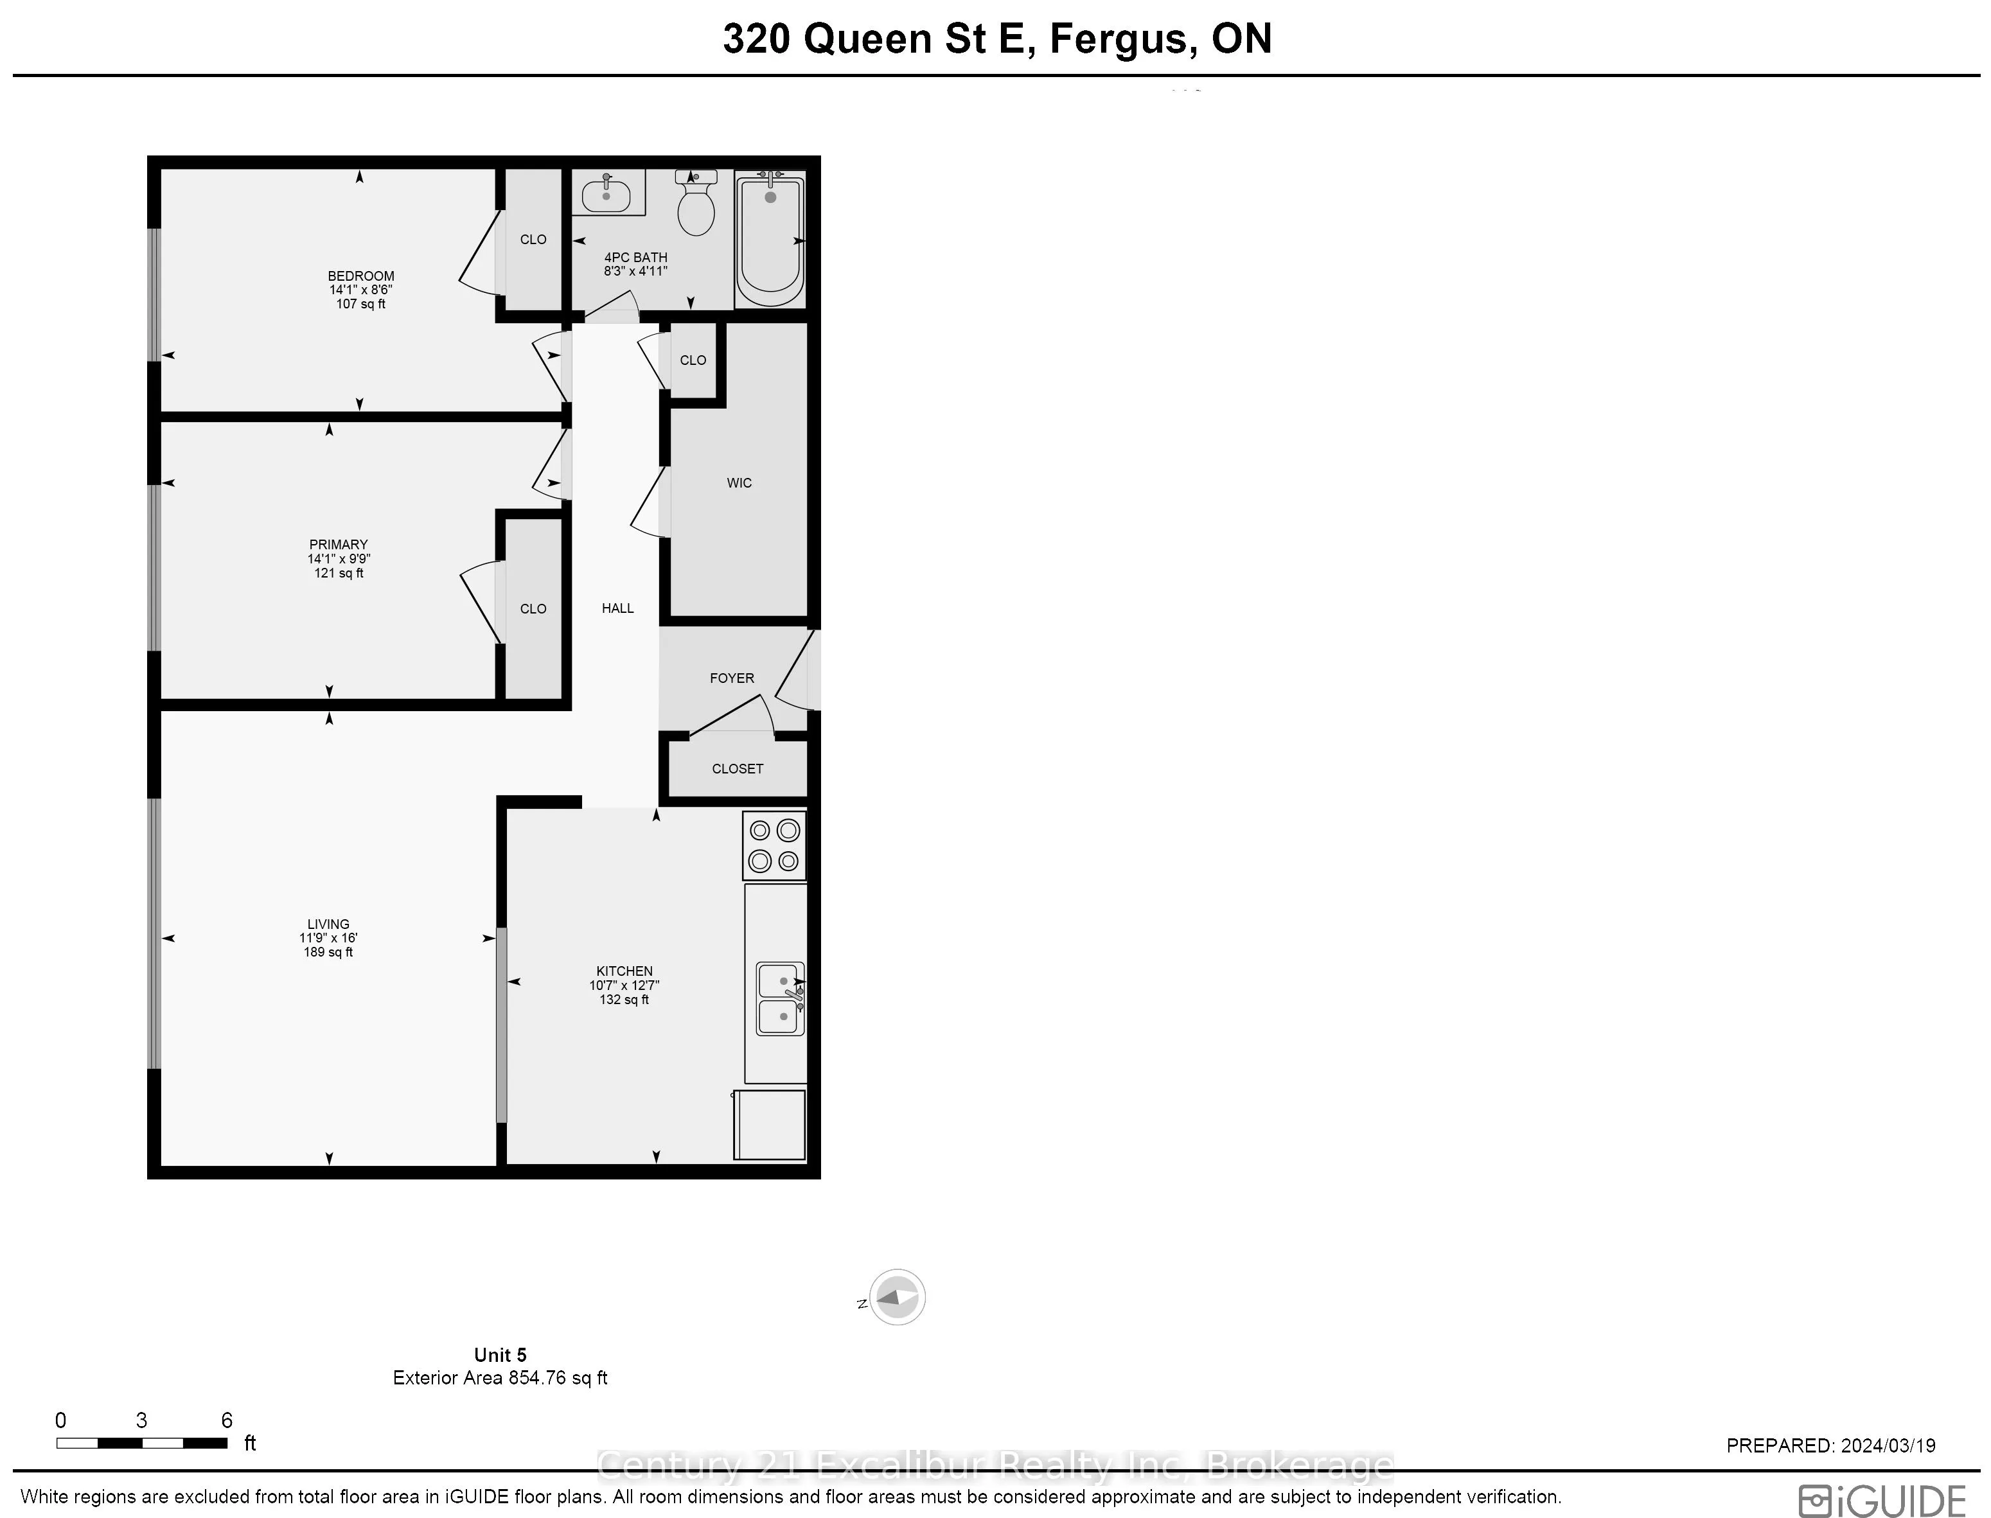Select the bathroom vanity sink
pos(606,193)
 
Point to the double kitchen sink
pos(780,998)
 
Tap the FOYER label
pos(731,678)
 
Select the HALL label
pos(617,608)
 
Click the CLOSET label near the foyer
pos(738,769)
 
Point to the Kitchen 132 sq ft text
pos(624,1000)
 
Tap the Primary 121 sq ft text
pos(339,573)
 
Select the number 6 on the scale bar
pos(227,1420)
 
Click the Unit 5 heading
pos(500,1355)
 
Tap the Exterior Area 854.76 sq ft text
pos(500,1378)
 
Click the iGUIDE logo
pos(1882,1500)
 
